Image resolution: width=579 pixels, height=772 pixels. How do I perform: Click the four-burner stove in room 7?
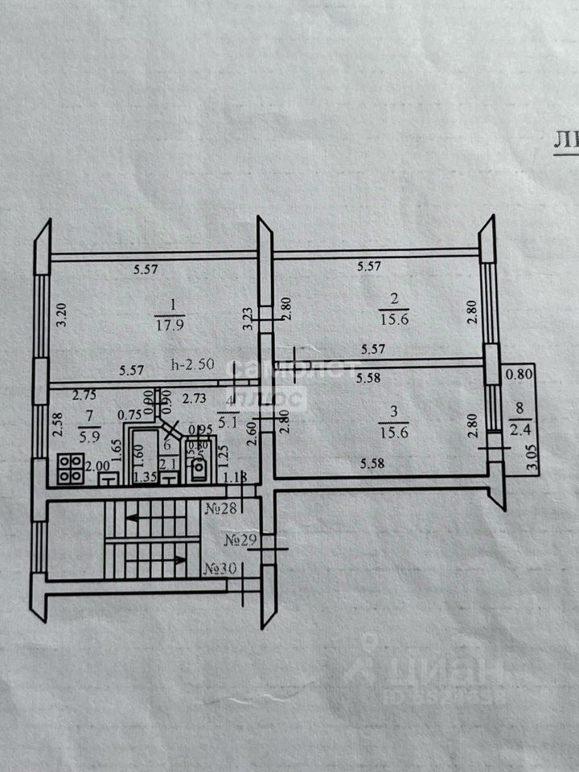click(x=69, y=470)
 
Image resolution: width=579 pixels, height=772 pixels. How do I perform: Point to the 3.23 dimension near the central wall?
click(x=248, y=319)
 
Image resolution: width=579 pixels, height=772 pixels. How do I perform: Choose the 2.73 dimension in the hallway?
click(x=194, y=397)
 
